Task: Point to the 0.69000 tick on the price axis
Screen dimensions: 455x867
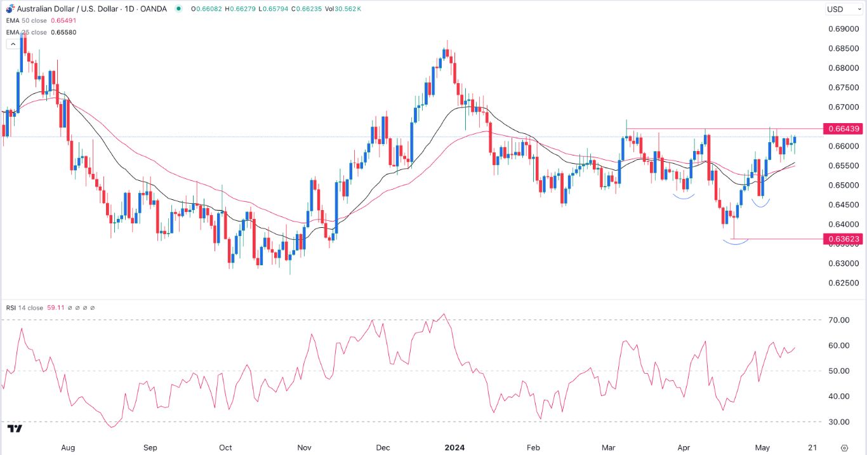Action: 843,29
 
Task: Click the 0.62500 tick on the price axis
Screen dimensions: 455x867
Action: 843,282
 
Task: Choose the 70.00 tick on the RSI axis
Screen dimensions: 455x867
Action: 838,320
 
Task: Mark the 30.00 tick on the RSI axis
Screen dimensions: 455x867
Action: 838,421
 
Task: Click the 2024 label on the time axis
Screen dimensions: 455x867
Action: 454,447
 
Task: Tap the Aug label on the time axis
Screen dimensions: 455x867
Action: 68,447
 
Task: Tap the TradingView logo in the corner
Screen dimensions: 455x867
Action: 16,429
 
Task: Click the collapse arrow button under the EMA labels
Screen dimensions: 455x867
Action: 12,44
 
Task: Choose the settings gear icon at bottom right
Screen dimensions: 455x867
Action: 844,447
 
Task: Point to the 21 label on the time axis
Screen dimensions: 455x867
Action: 812,447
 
